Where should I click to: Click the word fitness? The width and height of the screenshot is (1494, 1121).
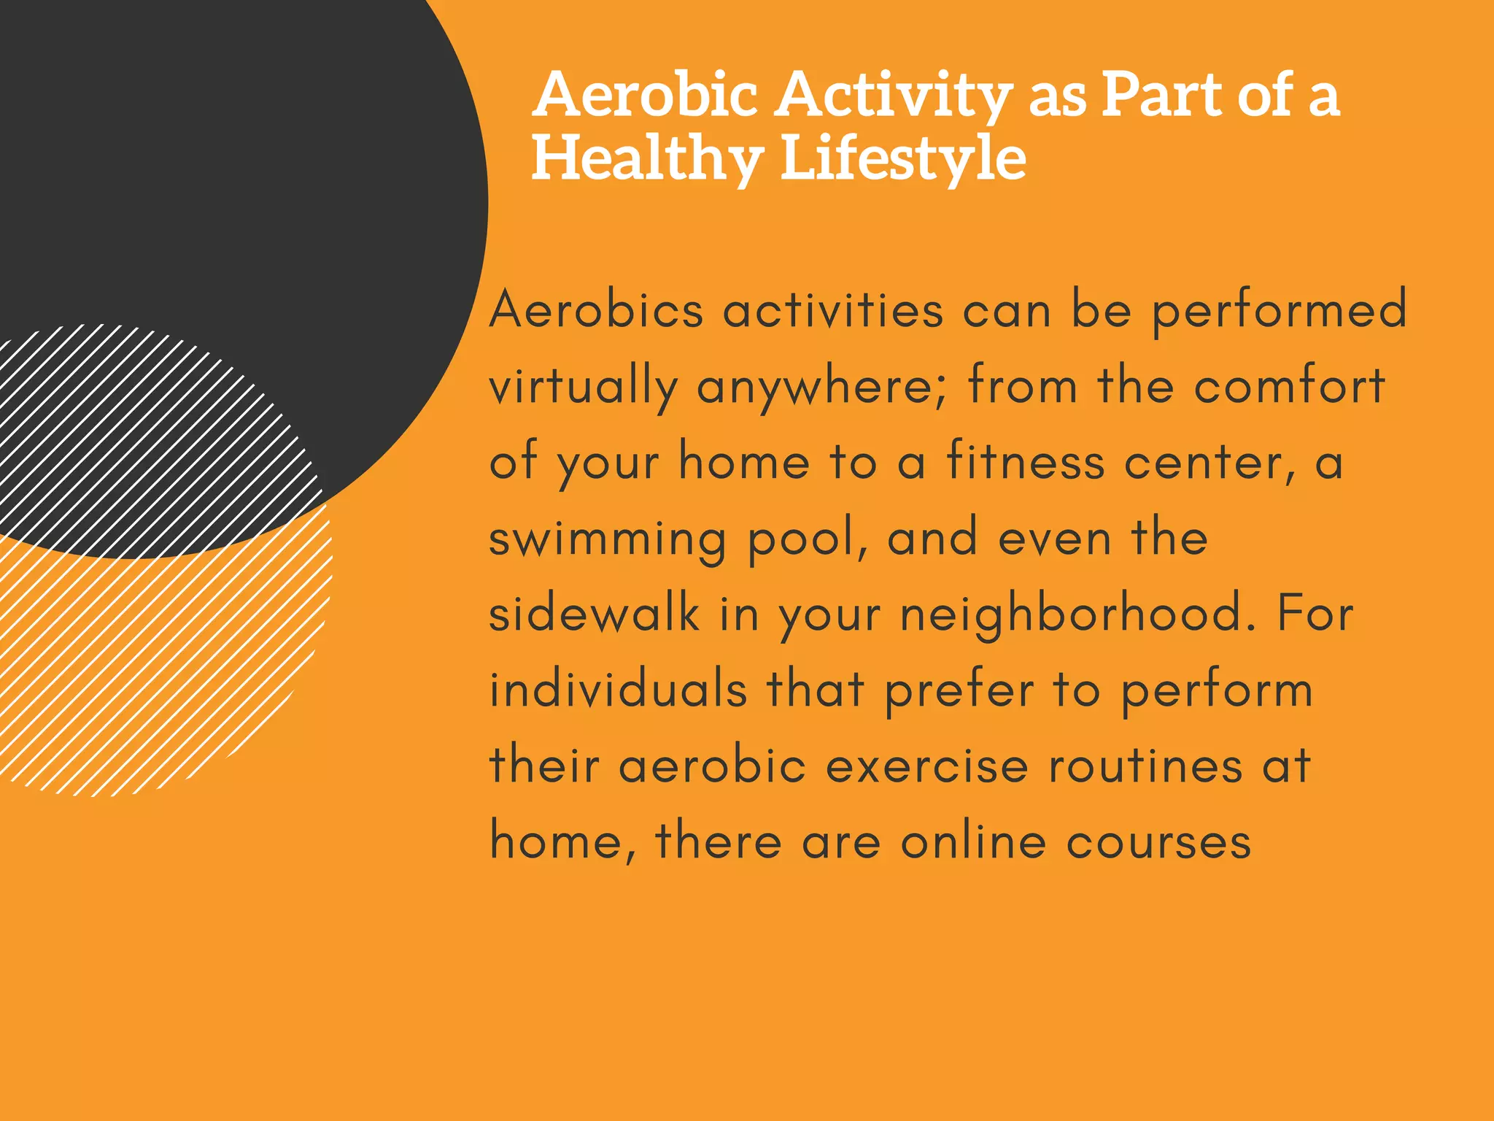coord(1025,463)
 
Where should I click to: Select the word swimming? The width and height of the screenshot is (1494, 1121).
coord(608,540)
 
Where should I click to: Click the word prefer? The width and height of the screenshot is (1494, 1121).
coord(959,691)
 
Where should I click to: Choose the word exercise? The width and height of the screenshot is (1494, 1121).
coord(926,766)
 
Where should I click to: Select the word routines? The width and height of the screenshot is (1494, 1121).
coord(1145,766)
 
